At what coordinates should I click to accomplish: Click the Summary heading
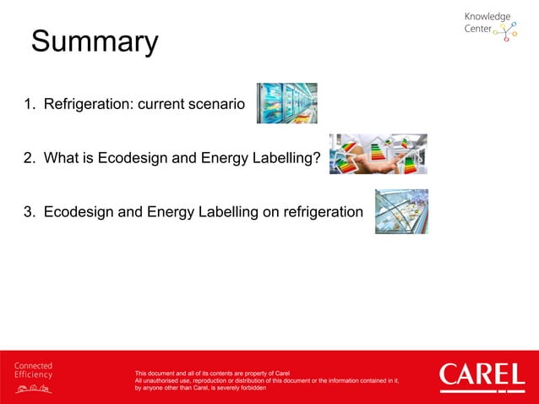[95, 42]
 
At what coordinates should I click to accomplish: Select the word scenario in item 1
[214, 105]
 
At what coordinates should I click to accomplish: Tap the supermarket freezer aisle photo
[286, 103]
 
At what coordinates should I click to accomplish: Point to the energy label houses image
[378, 154]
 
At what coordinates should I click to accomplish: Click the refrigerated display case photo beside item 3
[401, 211]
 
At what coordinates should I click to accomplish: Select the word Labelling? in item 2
[286, 158]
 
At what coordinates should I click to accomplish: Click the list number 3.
[29, 211]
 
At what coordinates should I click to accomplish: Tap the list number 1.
[29, 105]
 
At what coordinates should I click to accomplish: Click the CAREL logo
[482, 375]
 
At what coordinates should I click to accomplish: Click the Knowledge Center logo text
[487, 23]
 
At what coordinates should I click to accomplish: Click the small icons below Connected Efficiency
[33, 388]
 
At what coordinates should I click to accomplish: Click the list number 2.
[29, 158]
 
